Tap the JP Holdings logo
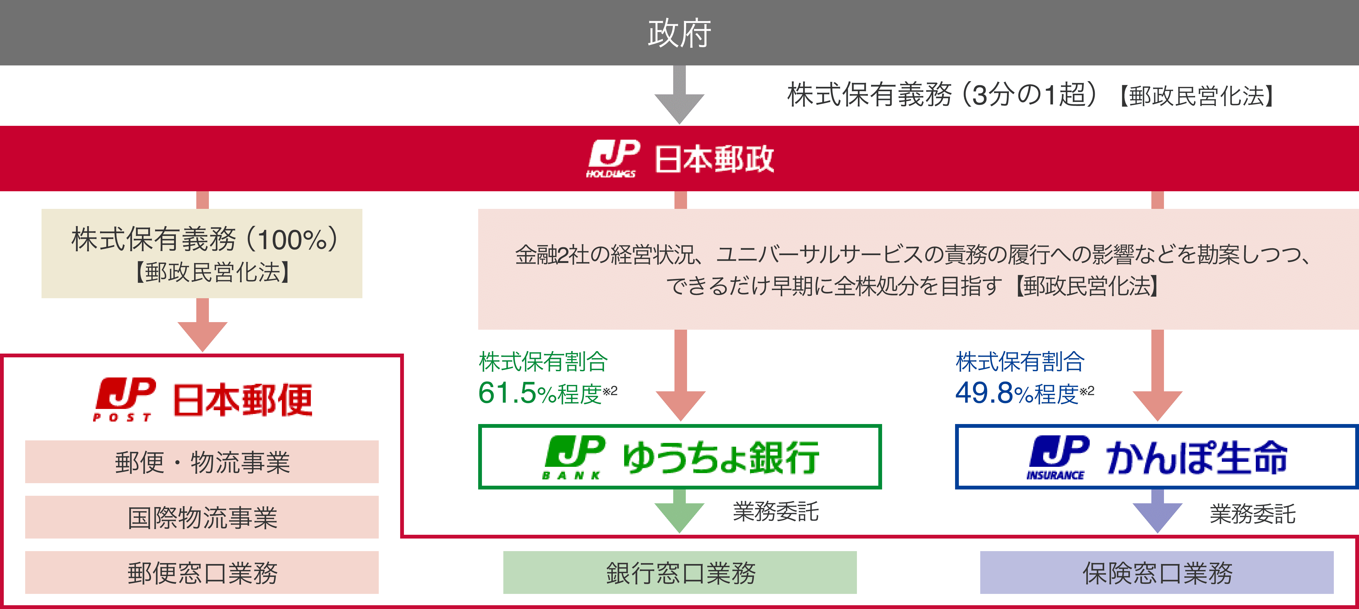pos(613,158)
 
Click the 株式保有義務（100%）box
pos(202,253)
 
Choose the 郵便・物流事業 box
pos(202,462)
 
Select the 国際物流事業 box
pos(202,517)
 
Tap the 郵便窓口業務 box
pos(202,573)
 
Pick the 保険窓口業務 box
pos(1157,573)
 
